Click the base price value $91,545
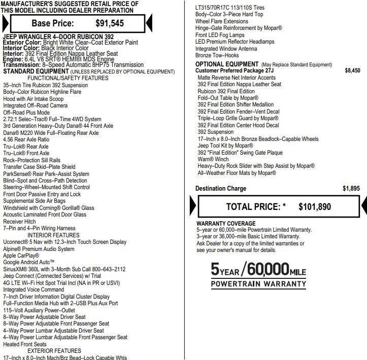point(110,23)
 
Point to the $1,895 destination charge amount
point(351,189)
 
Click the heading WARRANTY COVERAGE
point(226,224)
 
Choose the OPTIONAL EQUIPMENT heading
point(227,65)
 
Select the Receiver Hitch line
point(19,222)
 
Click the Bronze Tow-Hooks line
point(217,55)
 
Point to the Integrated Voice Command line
point(34,290)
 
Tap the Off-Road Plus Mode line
point(26,112)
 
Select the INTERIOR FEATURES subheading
point(53,235)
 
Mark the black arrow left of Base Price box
point(5,23)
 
